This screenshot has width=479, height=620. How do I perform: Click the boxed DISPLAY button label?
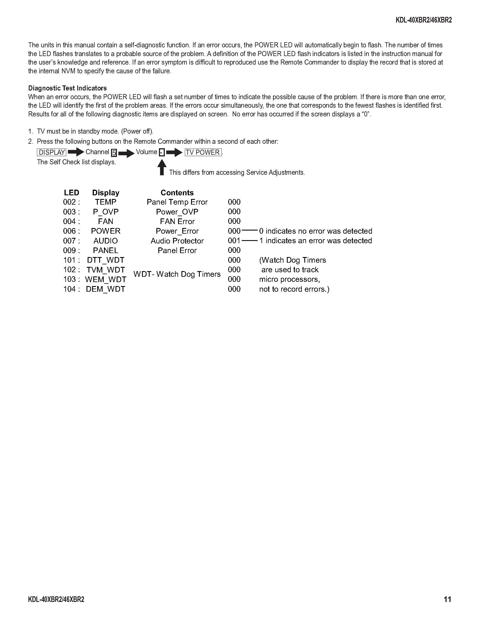click(x=52, y=152)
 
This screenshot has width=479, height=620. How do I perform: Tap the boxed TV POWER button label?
click(x=203, y=152)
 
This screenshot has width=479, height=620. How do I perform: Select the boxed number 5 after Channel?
click(x=114, y=153)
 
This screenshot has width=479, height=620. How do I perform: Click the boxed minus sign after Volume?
click(x=161, y=153)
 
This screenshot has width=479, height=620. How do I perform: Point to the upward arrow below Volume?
click(x=162, y=167)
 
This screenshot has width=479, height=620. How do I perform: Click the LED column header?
click(x=71, y=193)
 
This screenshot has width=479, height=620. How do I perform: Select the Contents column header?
click(x=177, y=193)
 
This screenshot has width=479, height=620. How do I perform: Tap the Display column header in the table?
click(x=106, y=193)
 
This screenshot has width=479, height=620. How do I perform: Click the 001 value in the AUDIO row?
click(x=234, y=241)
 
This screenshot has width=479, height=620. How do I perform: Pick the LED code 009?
click(x=70, y=250)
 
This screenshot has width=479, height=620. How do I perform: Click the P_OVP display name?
click(x=106, y=212)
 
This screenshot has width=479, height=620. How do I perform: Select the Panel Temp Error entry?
click(x=177, y=202)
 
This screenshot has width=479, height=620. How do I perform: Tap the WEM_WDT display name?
click(x=106, y=279)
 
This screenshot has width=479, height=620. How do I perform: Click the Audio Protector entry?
click(x=177, y=241)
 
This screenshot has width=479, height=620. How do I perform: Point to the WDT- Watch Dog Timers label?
click(x=177, y=274)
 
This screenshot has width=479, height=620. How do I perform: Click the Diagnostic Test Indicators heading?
click(x=67, y=88)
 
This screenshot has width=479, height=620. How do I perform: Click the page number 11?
click(x=447, y=599)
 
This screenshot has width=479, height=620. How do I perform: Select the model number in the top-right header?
click(x=423, y=21)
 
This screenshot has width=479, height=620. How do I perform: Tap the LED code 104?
click(x=70, y=289)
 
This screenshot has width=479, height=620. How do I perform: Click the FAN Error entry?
click(x=177, y=222)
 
